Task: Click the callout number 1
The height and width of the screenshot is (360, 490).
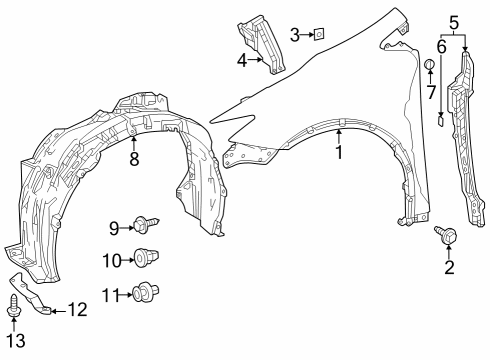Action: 339,153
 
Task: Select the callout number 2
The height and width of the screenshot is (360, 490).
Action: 449,267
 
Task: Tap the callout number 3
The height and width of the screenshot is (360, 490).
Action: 295,35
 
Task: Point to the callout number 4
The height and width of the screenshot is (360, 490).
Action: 241,60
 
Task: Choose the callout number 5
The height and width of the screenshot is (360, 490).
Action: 453,21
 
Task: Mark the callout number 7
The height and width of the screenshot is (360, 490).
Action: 430,94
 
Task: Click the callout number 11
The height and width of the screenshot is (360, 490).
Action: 112,294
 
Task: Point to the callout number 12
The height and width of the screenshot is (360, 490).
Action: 77,310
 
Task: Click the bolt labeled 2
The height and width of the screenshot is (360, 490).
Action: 446,237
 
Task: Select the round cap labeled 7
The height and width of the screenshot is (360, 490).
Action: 430,67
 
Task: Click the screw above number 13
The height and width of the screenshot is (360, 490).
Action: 13,305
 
